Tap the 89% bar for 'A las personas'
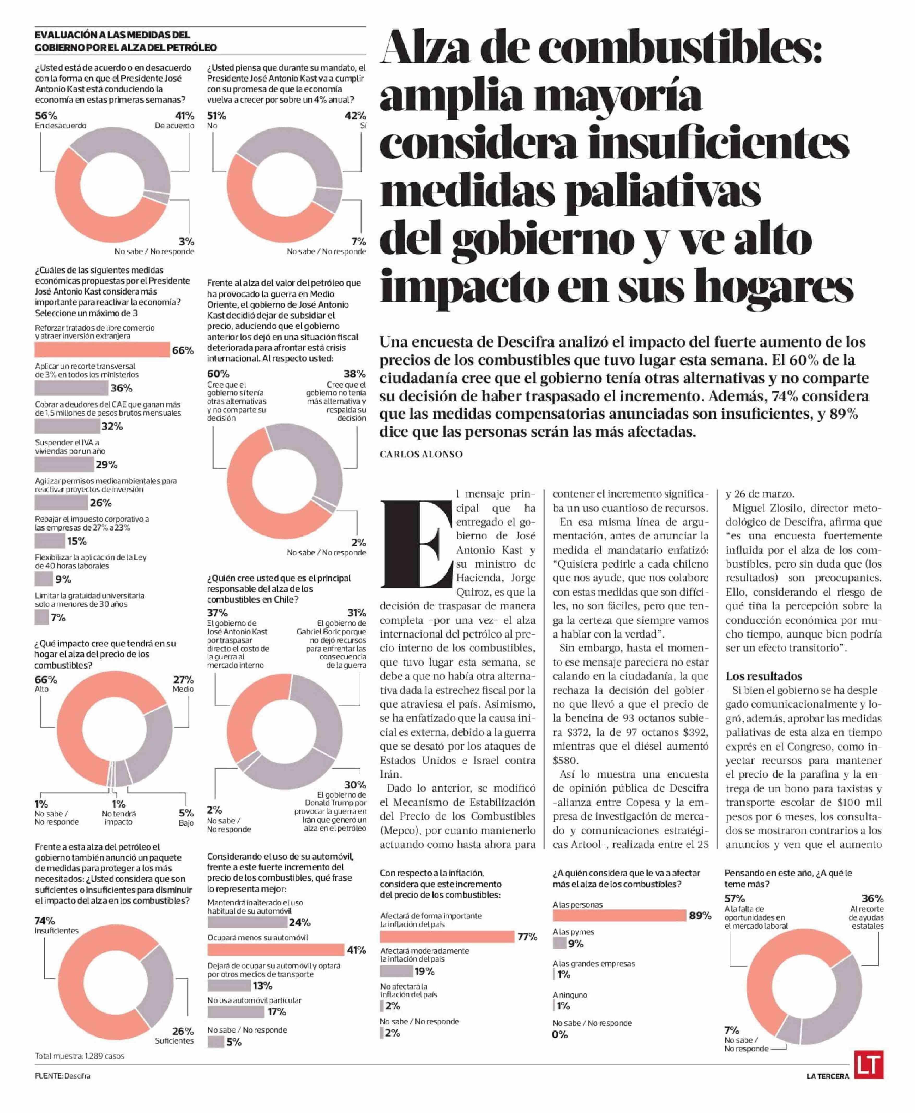click(619, 915)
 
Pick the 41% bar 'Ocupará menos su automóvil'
click(276, 950)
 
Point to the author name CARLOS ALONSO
click(421, 454)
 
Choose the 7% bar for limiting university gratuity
click(42, 617)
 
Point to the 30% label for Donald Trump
click(355, 785)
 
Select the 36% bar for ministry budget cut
click(71, 388)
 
